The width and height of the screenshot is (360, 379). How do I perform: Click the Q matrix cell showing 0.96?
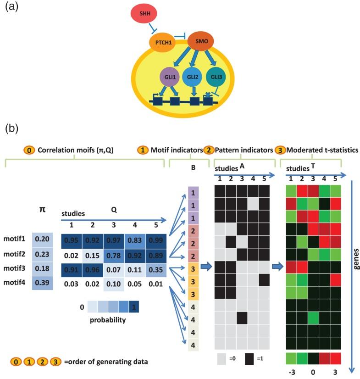click(93, 268)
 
